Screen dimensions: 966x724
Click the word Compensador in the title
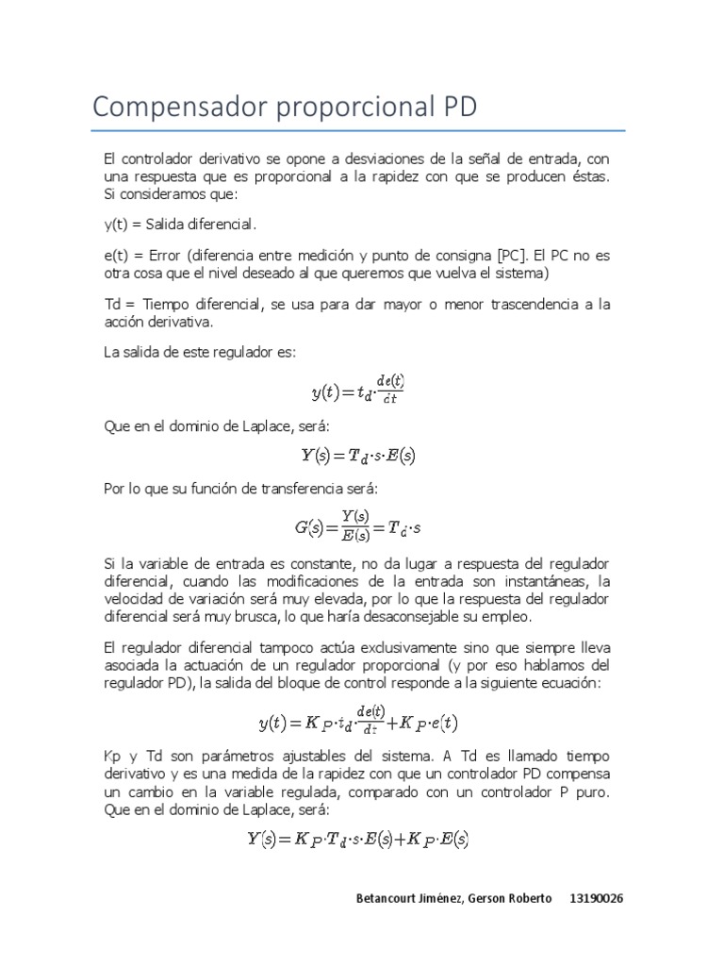click(178, 107)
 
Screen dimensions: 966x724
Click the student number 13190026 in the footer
click(596, 897)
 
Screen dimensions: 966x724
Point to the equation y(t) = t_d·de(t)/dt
click(357, 389)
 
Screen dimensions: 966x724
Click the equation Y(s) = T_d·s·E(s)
click(358, 456)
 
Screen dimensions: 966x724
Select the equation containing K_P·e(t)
click(358, 723)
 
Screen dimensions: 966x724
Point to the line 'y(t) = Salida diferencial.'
click(180, 225)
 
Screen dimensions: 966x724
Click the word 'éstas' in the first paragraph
click(588, 177)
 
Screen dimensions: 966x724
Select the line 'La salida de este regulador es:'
click(199, 351)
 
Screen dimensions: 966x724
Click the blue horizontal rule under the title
click(358, 130)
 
